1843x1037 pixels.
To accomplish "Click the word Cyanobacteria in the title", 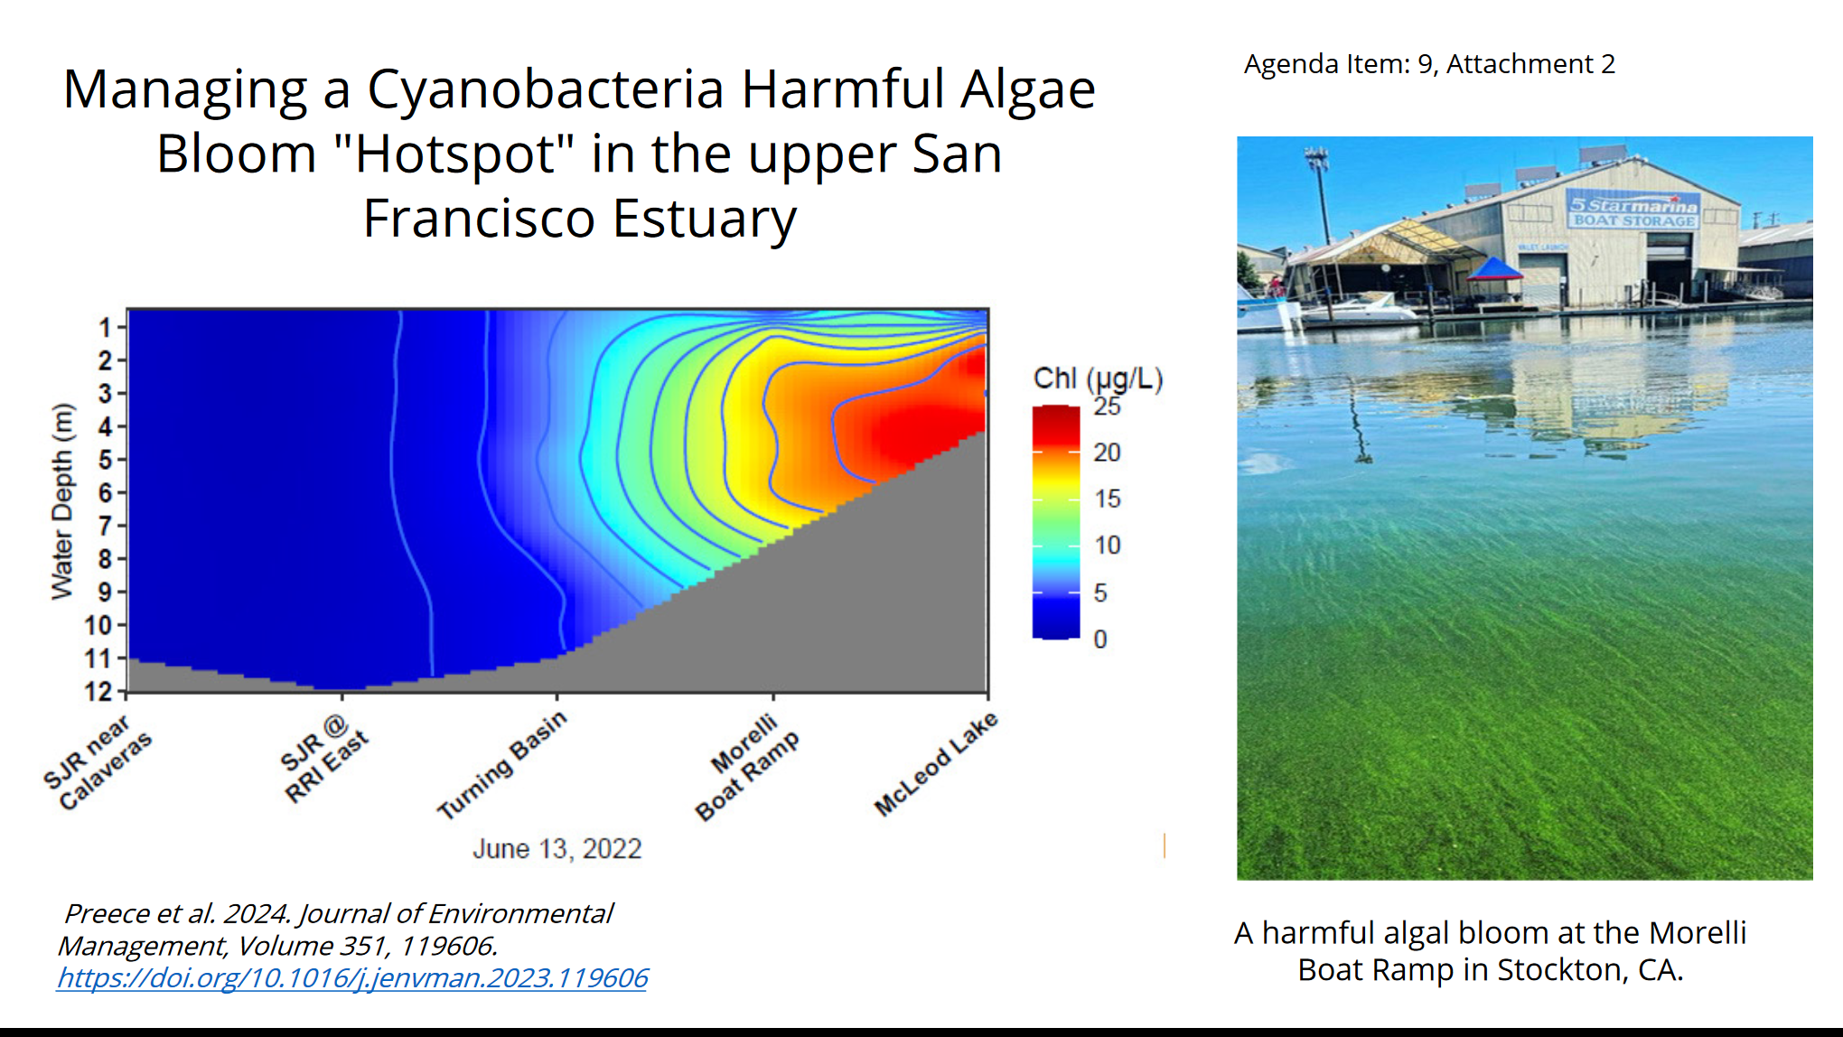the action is coord(545,89).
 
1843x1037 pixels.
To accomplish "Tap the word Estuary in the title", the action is coord(705,220).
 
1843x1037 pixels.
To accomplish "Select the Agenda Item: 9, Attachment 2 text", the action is coord(1429,64).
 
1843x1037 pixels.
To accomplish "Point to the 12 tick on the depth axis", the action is coord(98,692).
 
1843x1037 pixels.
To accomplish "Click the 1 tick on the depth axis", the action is coord(106,327).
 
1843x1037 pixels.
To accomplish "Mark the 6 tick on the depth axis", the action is coord(106,492).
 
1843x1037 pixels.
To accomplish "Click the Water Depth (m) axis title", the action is coord(61,501).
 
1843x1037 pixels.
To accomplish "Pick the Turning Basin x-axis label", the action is coord(501,764).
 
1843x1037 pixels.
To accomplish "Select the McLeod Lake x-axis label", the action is coord(935,763).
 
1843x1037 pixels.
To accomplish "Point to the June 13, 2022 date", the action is coord(557,849).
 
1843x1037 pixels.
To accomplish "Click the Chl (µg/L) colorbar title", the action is coord(1098,378).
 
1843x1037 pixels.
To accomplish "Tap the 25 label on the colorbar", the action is coord(1107,406).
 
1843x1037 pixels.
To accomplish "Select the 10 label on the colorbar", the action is coord(1107,546).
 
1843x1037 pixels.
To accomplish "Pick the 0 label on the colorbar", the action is coord(1100,640).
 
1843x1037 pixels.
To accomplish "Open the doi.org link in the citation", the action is coord(352,978).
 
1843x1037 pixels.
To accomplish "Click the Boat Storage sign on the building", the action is coord(1633,220).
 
